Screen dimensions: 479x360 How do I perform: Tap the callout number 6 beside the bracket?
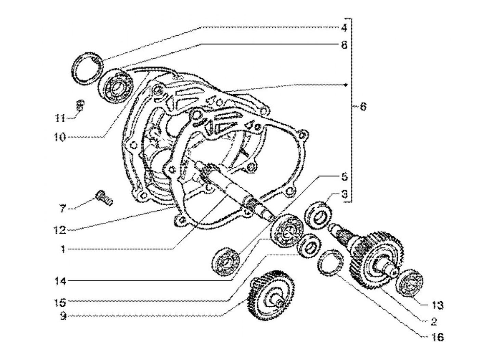pos(363,107)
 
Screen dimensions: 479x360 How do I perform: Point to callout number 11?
pos(60,118)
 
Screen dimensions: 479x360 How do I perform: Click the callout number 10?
pos(61,137)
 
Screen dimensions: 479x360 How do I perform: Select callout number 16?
pos(437,338)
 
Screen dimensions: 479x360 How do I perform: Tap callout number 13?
pos(437,305)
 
